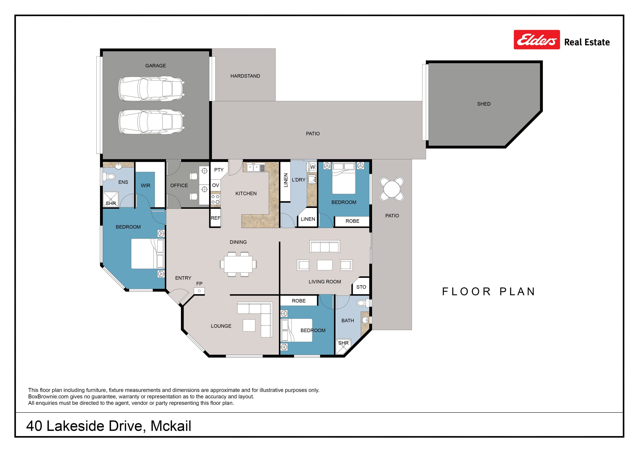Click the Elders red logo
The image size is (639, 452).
coord(537,40)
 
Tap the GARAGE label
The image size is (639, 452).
coord(156,66)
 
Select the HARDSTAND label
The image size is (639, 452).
coord(245,76)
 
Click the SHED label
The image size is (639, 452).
coord(484,104)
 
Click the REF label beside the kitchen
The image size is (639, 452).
coord(215,218)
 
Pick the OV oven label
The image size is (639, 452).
coord(216,185)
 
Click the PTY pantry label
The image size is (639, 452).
coord(219,170)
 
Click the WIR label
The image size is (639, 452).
coord(146,185)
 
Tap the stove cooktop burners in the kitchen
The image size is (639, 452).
coord(215,199)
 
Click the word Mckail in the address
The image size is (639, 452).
coord(171,426)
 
